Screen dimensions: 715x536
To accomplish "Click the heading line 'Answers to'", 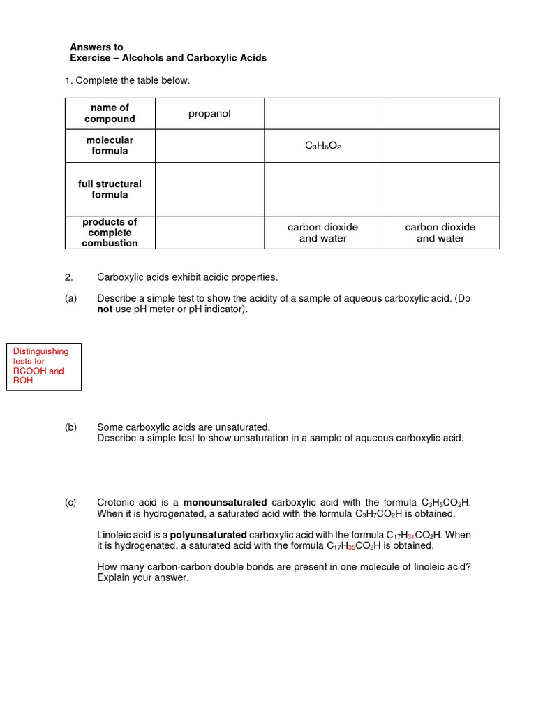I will (x=96, y=47).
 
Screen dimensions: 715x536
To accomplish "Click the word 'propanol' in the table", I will (x=209, y=114).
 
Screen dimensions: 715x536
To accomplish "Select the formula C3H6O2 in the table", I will (x=323, y=146).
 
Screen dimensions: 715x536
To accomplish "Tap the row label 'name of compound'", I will (x=110, y=113).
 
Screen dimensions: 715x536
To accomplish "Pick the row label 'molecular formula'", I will (x=110, y=145).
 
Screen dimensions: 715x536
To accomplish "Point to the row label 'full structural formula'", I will (x=110, y=189).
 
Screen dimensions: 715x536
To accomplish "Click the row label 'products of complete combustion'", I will (x=110, y=233).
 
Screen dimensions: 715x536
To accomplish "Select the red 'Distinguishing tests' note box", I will (x=43, y=366).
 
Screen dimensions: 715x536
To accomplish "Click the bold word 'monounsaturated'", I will (x=225, y=502).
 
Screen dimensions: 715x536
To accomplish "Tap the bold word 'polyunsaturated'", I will (x=208, y=535).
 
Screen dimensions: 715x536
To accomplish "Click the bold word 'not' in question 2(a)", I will (x=104, y=309).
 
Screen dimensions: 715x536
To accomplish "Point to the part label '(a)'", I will (x=70, y=298).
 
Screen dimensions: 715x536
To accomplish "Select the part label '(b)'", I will (x=70, y=427).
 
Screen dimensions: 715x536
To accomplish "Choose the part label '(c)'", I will (x=70, y=502).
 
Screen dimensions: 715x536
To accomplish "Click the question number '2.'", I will (x=68, y=277).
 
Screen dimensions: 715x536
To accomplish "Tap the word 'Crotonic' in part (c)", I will (x=115, y=502).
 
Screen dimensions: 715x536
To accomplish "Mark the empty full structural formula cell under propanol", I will (x=209, y=189).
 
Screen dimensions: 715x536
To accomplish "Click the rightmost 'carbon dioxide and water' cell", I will (x=440, y=233).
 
